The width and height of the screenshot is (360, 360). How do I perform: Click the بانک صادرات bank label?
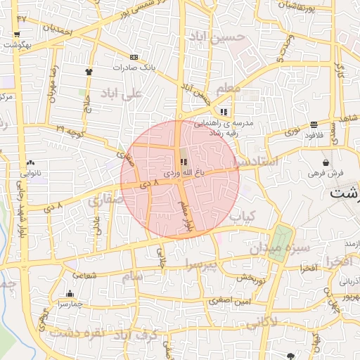133,68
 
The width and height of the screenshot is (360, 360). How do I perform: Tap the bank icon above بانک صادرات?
133,57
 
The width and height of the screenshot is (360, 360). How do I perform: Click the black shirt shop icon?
89,71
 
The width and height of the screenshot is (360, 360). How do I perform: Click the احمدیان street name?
58,31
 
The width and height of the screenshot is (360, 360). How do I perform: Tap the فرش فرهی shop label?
325,172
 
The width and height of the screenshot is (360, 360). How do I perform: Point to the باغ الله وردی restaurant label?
182,172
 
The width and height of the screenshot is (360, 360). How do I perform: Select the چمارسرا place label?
70,304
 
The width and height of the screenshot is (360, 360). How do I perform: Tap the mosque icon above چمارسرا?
70,294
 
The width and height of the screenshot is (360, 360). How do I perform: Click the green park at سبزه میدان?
280,243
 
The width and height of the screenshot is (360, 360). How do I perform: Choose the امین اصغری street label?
229,300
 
